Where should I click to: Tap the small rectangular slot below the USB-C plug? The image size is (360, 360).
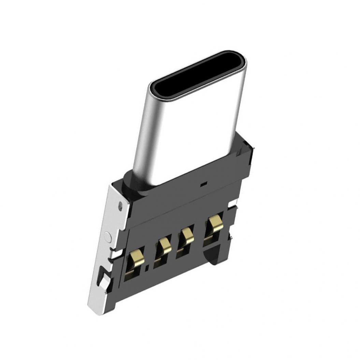pos(204,184)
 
